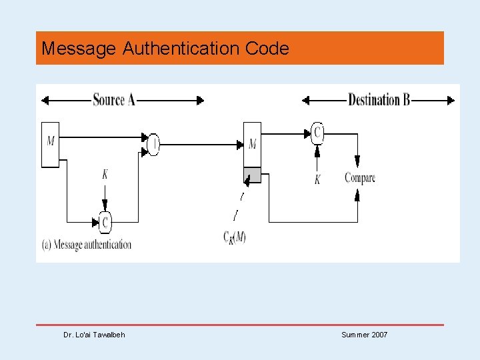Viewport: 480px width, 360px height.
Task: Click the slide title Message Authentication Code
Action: [x=165, y=49]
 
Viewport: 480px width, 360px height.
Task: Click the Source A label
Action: [x=114, y=100]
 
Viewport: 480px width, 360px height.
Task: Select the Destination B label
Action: [x=379, y=100]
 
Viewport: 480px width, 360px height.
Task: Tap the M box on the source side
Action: [x=51, y=144]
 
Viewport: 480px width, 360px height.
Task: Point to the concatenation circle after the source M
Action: [x=153, y=143]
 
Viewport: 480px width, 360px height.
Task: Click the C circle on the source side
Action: [x=105, y=221]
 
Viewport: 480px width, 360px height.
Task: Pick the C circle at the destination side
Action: [x=317, y=133]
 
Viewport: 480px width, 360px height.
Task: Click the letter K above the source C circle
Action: [x=105, y=175]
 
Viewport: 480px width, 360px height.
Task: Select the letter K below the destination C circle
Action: [x=317, y=179]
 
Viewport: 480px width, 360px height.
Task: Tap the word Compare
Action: [x=359, y=178]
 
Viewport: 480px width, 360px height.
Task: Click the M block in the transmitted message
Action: [x=252, y=144]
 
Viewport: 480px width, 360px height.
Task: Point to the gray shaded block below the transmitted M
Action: [x=252, y=175]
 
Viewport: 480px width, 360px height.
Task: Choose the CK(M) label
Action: [x=234, y=237]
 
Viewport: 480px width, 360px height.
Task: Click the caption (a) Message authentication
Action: [x=87, y=245]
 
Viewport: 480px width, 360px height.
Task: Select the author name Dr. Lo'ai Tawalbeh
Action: [x=94, y=335]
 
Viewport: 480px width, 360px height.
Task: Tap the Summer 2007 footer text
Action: [x=364, y=335]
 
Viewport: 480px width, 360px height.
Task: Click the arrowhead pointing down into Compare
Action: [x=357, y=162]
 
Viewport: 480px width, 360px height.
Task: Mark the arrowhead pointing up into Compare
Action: [x=357, y=194]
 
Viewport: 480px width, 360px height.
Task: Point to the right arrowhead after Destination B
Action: [x=451, y=101]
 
